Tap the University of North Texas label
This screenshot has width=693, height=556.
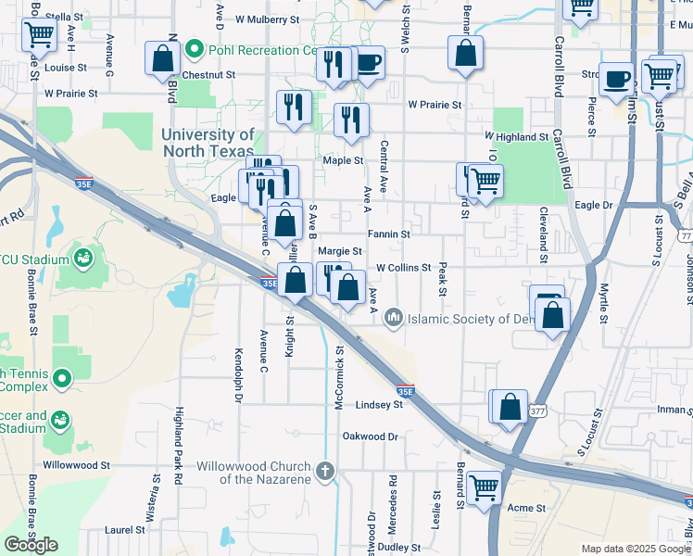(207, 143)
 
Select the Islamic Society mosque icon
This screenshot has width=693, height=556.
(394, 319)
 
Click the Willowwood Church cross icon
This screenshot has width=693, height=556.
(324, 472)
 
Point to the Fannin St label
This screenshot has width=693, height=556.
(388, 234)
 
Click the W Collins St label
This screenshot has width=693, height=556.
(403, 268)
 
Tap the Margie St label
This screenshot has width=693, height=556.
(339, 251)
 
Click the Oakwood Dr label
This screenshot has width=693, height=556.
(370, 436)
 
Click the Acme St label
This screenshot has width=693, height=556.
(525, 507)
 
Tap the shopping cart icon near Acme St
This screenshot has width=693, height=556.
(484, 486)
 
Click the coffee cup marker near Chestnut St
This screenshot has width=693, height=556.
(368, 62)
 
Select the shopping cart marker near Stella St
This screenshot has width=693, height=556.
(40, 34)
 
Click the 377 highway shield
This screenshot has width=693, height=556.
(538, 411)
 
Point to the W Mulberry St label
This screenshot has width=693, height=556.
(268, 19)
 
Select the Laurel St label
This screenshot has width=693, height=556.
(125, 530)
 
